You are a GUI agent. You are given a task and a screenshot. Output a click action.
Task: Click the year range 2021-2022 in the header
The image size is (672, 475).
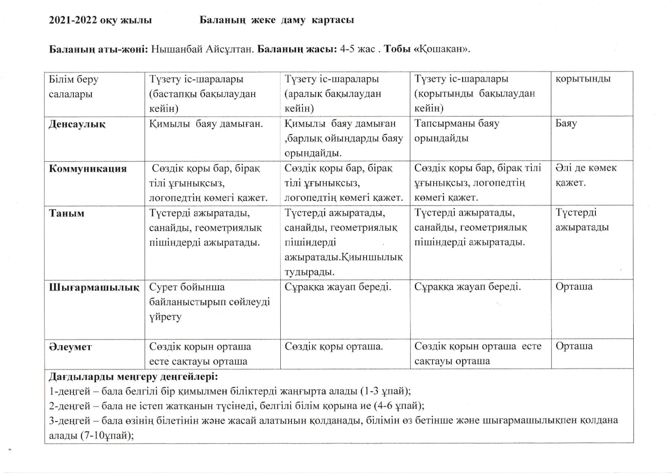[x=73, y=20]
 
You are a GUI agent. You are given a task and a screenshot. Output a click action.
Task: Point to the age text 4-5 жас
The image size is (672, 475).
[x=357, y=49]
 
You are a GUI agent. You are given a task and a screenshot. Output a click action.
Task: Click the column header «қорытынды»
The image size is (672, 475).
[x=583, y=79]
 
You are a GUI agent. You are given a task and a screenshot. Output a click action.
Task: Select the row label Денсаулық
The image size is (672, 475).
[x=77, y=124]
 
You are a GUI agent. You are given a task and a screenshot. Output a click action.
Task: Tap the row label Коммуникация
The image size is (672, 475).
[x=87, y=168]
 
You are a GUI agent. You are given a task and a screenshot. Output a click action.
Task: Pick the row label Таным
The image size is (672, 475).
[x=66, y=213]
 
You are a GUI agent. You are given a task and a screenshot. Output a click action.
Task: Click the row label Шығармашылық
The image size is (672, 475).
[x=94, y=287]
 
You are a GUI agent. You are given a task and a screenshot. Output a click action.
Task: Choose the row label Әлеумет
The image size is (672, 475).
[x=70, y=347]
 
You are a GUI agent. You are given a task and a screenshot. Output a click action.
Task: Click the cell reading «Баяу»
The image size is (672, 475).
[x=566, y=123]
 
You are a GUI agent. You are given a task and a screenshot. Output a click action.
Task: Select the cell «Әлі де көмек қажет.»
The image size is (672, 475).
[x=585, y=175]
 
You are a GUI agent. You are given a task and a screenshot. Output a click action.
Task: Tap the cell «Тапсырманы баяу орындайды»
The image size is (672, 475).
[x=456, y=131]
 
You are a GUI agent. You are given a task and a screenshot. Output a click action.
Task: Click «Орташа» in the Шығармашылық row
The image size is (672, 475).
[x=573, y=287]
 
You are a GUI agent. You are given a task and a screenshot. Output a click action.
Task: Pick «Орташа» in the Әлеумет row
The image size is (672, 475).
[x=573, y=346]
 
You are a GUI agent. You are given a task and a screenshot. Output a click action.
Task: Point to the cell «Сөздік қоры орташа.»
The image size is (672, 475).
[x=333, y=346]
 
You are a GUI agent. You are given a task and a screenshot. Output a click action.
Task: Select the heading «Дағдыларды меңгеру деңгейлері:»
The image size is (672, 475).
[x=133, y=376]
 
